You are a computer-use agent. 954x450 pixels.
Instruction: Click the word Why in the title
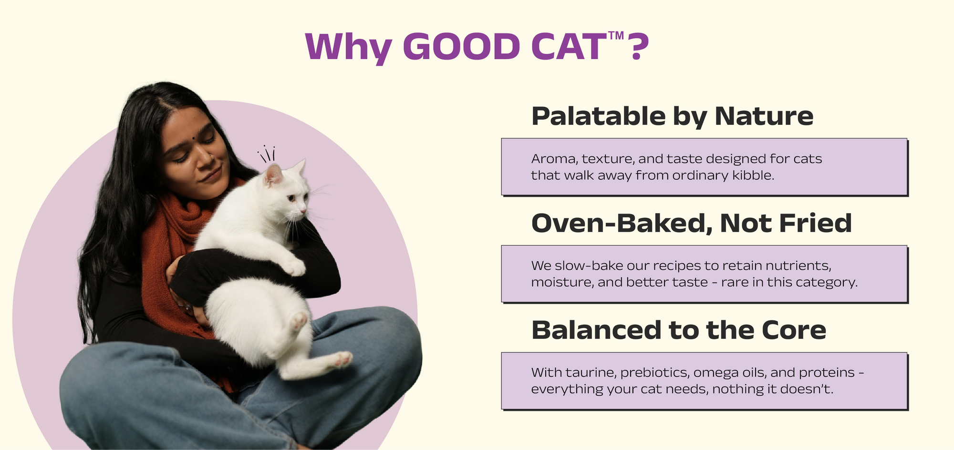click(x=349, y=48)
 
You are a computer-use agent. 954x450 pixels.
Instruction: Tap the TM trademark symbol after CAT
click(x=616, y=36)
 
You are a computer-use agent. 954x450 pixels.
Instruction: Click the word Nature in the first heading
click(x=764, y=117)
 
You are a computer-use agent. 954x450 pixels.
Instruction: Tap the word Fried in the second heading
click(x=815, y=223)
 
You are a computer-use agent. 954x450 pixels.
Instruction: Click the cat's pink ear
click(x=274, y=174)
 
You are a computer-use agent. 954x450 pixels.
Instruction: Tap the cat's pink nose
click(x=303, y=210)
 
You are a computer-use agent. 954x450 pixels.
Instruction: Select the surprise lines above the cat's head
click(x=266, y=153)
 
